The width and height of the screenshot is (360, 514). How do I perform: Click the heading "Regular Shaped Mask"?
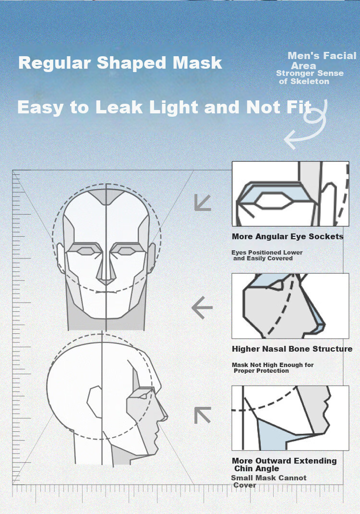(x=120, y=62)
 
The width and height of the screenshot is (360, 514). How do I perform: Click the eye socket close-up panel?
(x=290, y=194)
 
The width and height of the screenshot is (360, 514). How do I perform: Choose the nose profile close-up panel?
(x=290, y=306)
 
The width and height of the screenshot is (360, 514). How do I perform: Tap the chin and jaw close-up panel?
(x=290, y=418)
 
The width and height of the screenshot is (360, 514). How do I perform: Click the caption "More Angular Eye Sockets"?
(x=288, y=236)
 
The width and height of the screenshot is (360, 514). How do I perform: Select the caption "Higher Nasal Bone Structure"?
(x=292, y=349)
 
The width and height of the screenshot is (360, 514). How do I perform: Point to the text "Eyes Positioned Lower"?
(x=267, y=252)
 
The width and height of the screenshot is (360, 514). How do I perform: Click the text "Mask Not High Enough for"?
(x=273, y=365)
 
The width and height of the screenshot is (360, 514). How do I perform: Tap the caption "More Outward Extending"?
(x=284, y=461)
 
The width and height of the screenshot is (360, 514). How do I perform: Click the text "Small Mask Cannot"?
(x=269, y=478)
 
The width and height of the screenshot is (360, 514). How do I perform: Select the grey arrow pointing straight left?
(x=202, y=307)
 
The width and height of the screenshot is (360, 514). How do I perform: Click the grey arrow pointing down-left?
(x=203, y=202)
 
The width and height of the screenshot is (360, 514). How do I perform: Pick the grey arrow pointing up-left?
(x=203, y=415)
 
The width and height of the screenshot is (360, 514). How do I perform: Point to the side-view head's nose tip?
(x=167, y=417)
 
